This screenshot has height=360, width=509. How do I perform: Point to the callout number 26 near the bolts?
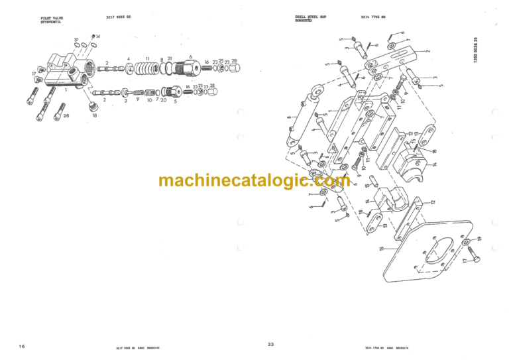pyautogui.click(x=66, y=115)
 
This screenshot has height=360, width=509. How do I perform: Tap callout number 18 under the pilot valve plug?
pyautogui.click(x=94, y=115)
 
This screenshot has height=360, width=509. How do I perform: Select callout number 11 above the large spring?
pyautogui.click(x=147, y=58)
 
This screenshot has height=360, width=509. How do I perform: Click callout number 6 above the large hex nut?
pyautogui.click(x=190, y=57)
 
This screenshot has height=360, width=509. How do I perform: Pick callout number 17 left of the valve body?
pyautogui.click(x=33, y=73)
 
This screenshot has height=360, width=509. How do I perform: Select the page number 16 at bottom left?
pyautogui.click(x=22, y=346)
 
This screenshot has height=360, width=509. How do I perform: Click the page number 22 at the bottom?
pyautogui.click(x=270, y=344)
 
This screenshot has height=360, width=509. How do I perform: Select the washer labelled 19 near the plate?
pyautogui.click(x=471, y=241)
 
